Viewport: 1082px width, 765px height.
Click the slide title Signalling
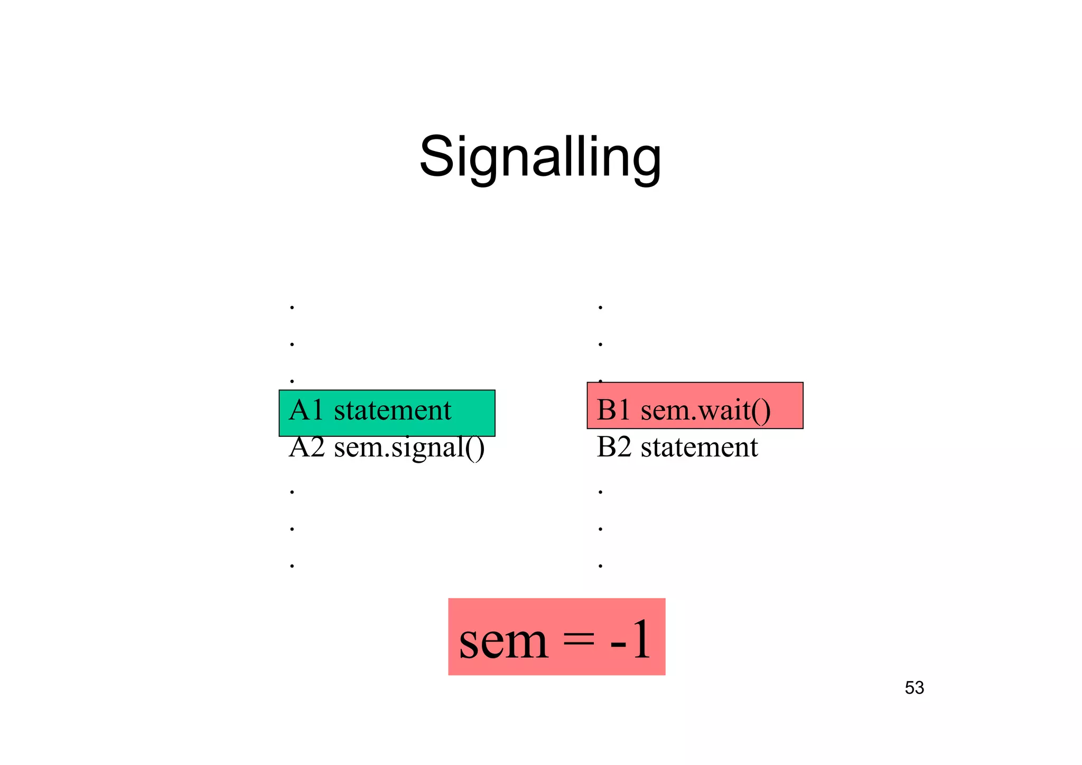[x=540, y=157]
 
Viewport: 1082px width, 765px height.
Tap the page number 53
[x=914, y=688]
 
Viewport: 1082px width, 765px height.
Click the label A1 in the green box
[x=306, y=411]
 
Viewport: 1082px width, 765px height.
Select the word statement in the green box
[x=393, y=411]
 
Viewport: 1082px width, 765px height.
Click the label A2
[x=306, y=447]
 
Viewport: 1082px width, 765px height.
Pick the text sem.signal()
[x=409, y=448]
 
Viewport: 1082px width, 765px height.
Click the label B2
[x=613, y=447]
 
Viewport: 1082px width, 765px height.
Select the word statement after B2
[x=699, y=447]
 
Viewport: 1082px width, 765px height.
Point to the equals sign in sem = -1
[x=579, y=639]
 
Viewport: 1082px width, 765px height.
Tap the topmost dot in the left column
[x=292, y=307]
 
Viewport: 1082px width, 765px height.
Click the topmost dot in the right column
[x=600, y=307]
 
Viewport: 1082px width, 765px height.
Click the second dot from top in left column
[x=292, y=344]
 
